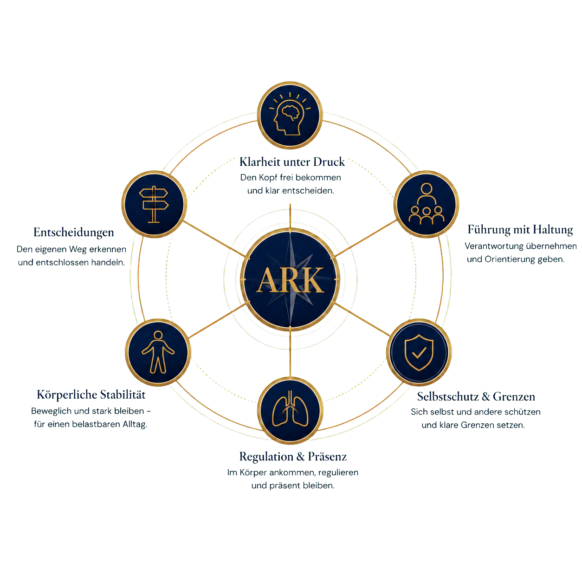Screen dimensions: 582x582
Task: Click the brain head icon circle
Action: (290, 115)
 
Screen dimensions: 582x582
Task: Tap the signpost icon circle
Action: (154, 204)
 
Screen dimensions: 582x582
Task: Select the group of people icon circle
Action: (426, 204)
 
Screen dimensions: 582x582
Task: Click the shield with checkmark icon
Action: (419, 352)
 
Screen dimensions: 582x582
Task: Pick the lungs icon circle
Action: (290, 410)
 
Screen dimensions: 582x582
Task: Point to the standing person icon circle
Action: (158, 352)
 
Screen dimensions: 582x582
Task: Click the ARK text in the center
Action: (290, 280)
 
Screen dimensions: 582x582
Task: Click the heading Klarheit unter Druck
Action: (292, 162)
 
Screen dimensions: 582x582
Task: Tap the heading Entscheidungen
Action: (74, 233)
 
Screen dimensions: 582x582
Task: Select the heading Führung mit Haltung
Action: (520, 230)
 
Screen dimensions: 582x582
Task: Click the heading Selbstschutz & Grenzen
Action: (476, 396)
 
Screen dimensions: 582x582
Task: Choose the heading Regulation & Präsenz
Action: (293, 456)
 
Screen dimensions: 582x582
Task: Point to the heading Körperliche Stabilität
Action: (91, 395)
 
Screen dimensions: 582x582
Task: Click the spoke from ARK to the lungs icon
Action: (290, 353)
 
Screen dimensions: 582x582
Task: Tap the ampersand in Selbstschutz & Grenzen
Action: (485, 396)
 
